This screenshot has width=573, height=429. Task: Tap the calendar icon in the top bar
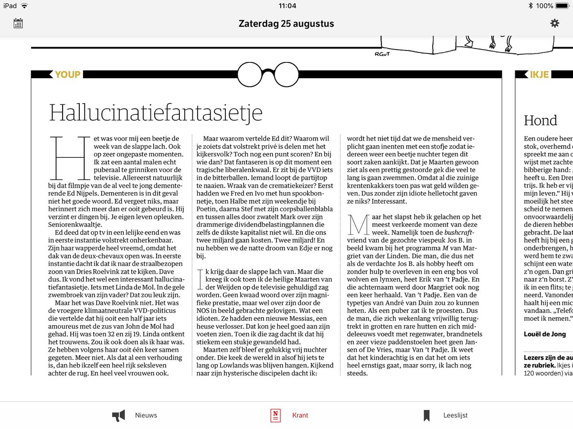(x=18, y=23)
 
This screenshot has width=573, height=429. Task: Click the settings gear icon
(x=554, y=23)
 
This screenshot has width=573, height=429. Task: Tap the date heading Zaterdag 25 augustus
(x=286, y=24)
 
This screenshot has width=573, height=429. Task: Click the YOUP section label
(x=67, y=74)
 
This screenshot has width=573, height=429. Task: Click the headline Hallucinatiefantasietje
(x=156, y=112)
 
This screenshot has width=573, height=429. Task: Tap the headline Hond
(x=541, y=120)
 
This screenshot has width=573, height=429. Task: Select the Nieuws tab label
(x=146, y=415)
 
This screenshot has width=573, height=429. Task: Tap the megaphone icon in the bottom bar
(x=118, y=416)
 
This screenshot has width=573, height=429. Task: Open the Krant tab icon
(x=275, y=415)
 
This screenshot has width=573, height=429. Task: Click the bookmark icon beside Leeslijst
(x=426, y=416)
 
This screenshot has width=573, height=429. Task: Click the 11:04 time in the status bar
(x=286, y=6)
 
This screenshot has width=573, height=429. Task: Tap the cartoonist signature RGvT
(x=382, y=54)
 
